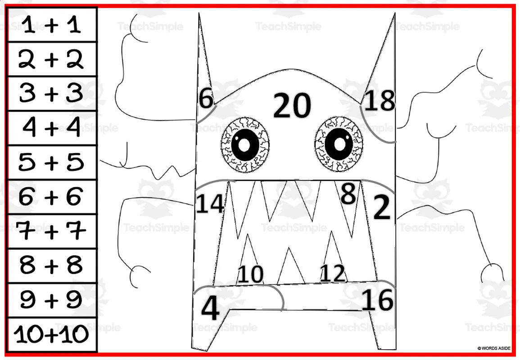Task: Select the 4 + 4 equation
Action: click(x=52, y=128)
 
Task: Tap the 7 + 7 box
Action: click(x=52, y=231)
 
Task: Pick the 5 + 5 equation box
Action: click(x=52, y=162)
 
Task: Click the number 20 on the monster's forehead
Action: click(x=292, y=106)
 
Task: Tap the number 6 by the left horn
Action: click(x=206, y=99)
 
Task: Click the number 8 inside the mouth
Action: click(x=348, y=194)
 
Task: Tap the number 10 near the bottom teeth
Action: click(x=250, y=274)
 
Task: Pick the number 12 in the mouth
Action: click(x=332, y=273)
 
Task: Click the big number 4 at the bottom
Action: click(x=210, y=309)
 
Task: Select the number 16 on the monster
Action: click(x=377, y=300)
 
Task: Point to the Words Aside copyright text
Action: click(x=493, y=348)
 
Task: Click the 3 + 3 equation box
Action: click(x=52, y=94)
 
